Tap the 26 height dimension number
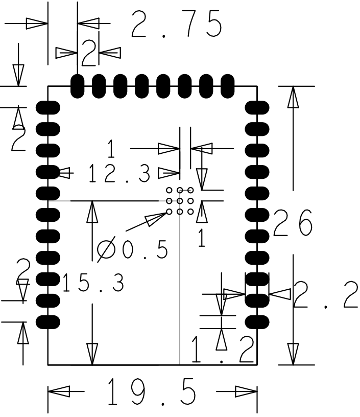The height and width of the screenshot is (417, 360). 293,223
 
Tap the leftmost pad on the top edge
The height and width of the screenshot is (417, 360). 77,84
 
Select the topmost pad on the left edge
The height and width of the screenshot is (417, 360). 49,107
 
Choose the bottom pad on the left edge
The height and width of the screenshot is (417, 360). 49,321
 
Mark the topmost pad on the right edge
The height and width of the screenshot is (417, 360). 256,107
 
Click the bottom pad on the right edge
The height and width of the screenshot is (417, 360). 256,321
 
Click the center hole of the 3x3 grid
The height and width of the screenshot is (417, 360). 180,201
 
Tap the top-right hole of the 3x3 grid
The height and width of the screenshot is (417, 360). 190,191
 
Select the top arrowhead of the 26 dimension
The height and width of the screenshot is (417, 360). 293,97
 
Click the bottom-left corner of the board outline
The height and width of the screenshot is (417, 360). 48,365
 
